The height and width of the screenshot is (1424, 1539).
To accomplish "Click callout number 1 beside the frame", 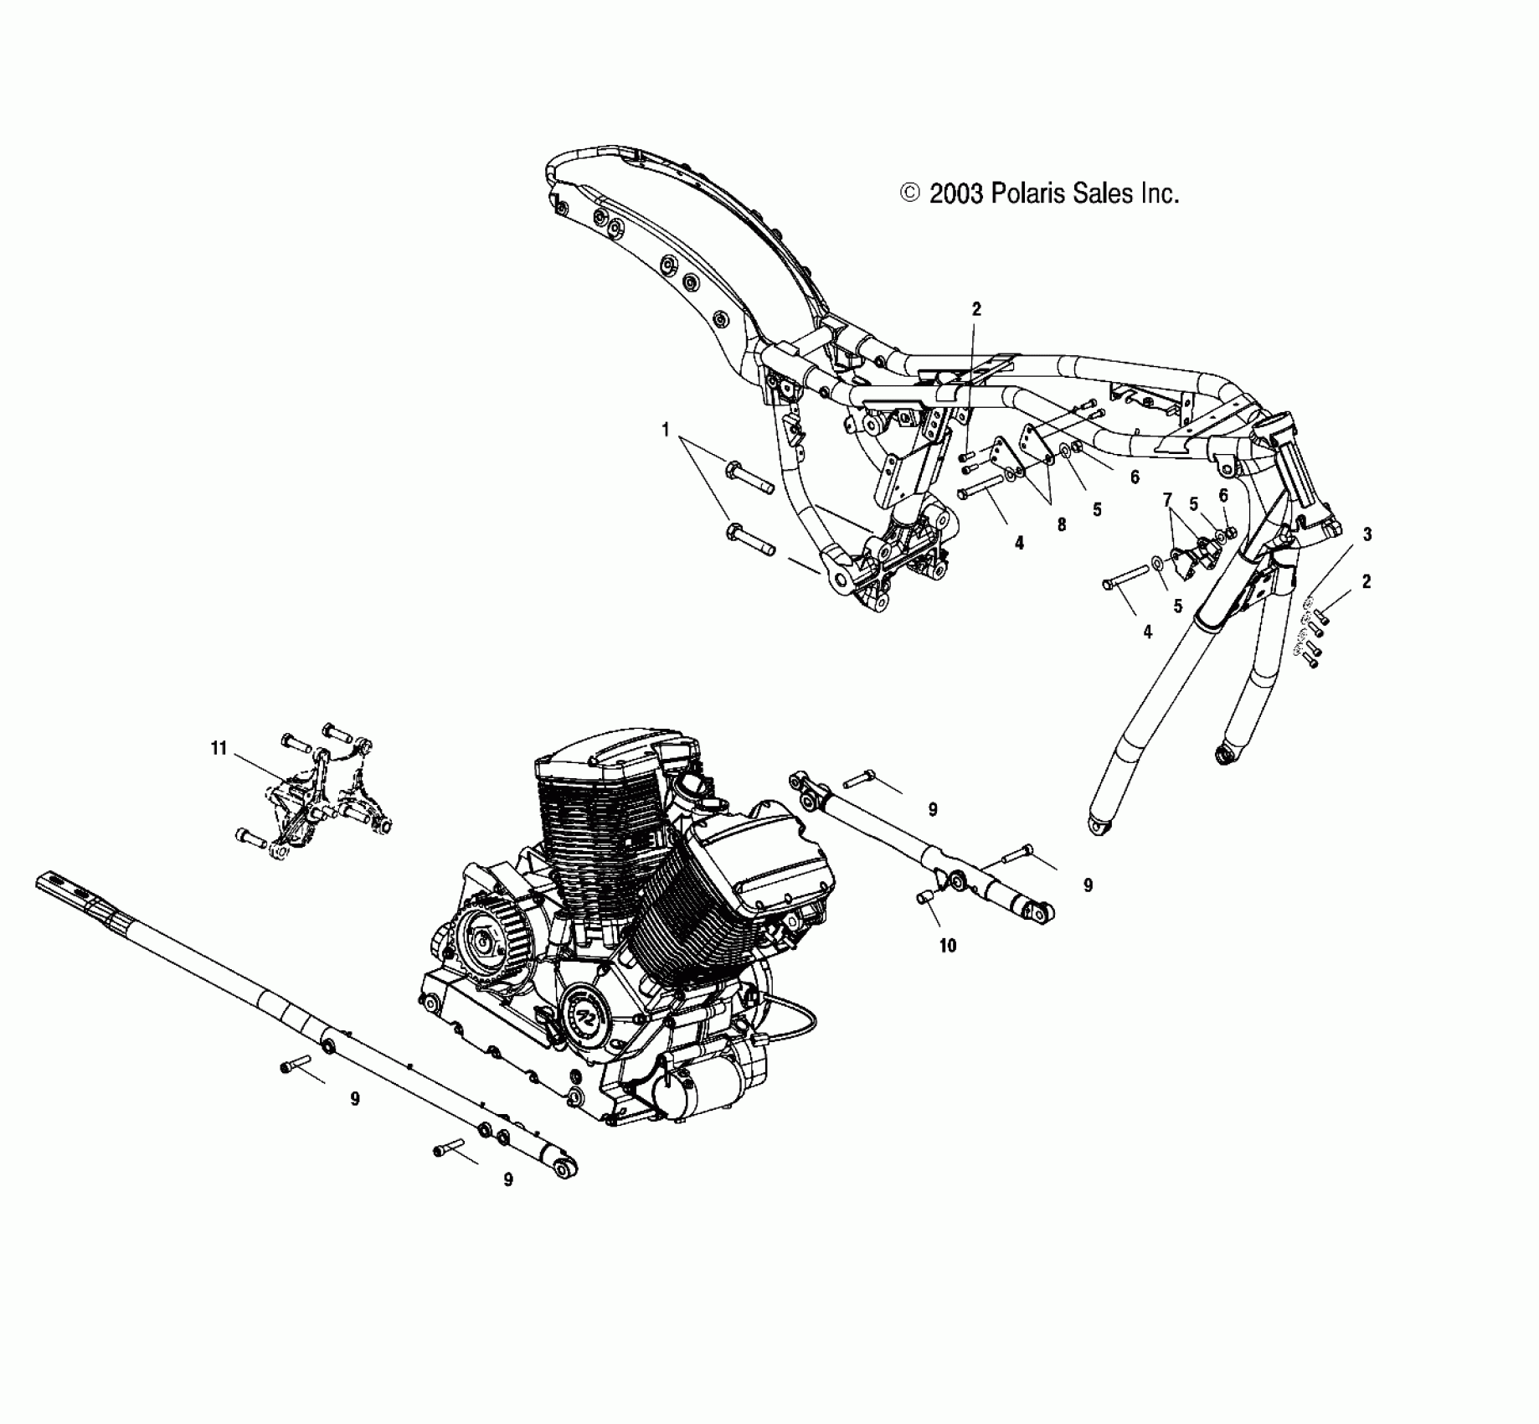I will pos(666,430).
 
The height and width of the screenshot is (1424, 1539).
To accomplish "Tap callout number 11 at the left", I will pos(219,748).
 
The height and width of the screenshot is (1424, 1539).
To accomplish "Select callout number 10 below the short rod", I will pos(948,946).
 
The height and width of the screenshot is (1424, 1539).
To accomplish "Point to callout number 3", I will pos(1367,534).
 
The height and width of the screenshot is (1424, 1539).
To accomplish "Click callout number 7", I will pos(1167,500).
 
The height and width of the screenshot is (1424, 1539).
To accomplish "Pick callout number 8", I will pos(1061,524).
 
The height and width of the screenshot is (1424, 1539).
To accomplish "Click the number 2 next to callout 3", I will pos(1367,581).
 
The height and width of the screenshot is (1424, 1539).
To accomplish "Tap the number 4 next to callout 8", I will pos(1019,543).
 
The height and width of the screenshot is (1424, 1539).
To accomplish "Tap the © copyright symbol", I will pos(909,194).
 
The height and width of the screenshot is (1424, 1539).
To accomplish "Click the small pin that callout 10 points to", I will pos(925,898).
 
